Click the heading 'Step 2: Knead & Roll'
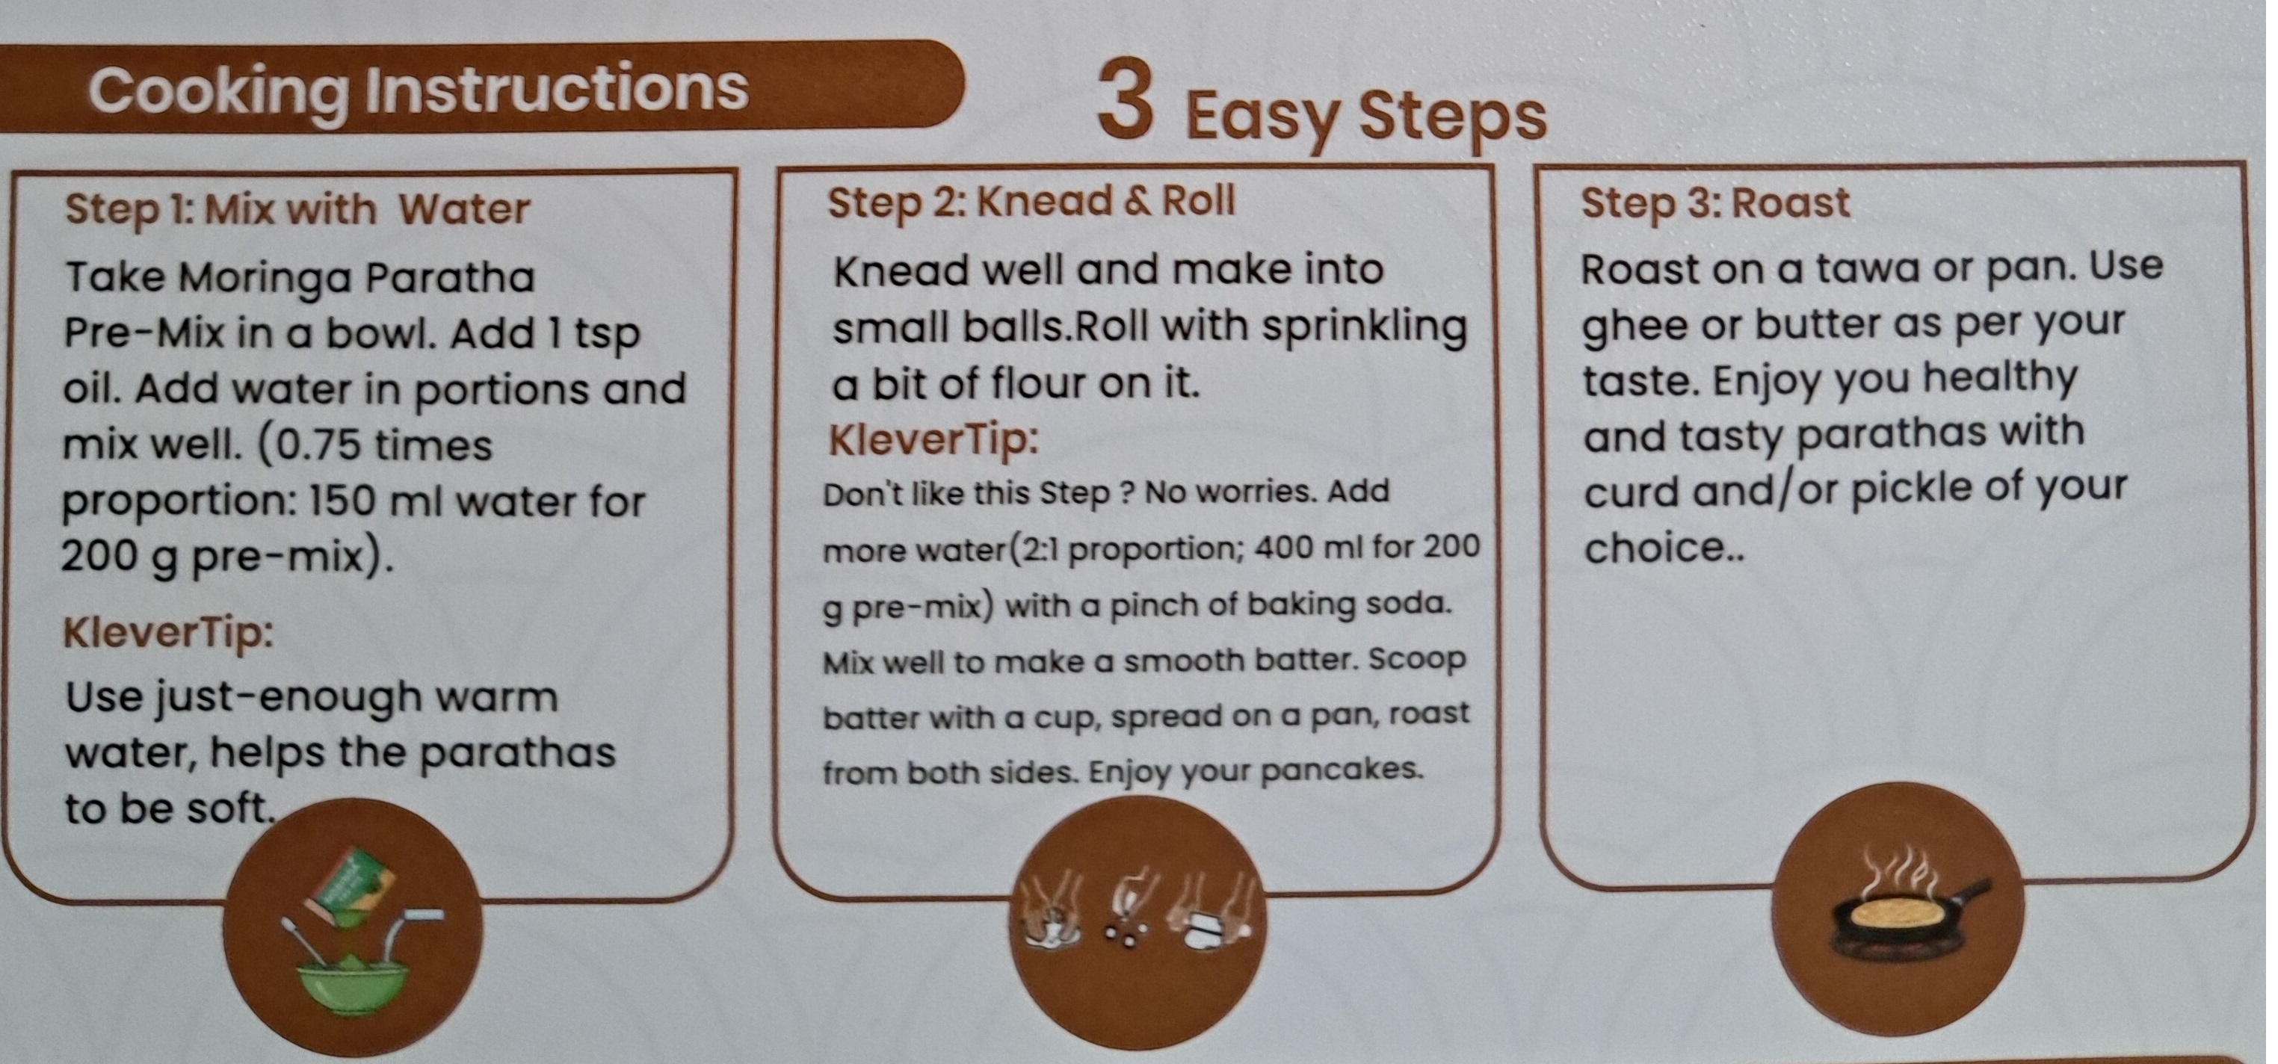[x=1030, y=202]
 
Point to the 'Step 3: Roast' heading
[x=1714, y=203]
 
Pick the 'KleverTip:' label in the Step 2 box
[x=933, y=439]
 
